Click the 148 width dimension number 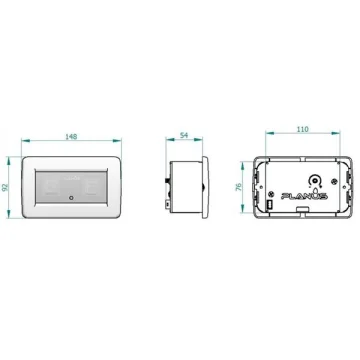point(71,137)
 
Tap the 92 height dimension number point(5,187)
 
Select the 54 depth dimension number point(184,135)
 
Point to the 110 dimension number point(302,129)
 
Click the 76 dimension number point(239,187)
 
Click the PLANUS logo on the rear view point(304,196)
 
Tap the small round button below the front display point(71,198)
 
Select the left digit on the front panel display point(51,188)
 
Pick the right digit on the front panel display point(91,188)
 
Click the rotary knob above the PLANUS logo point(313,181)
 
